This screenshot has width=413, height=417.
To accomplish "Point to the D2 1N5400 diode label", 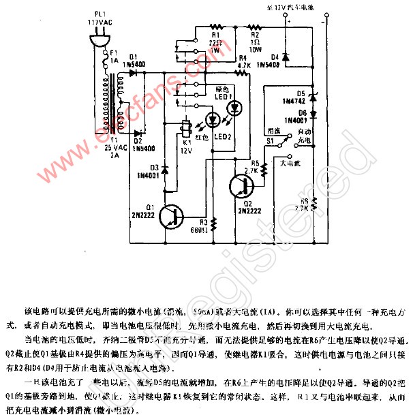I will [141, 143].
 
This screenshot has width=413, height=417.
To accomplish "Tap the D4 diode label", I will [274, 59].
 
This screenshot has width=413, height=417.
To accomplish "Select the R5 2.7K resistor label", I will [256, 167].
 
